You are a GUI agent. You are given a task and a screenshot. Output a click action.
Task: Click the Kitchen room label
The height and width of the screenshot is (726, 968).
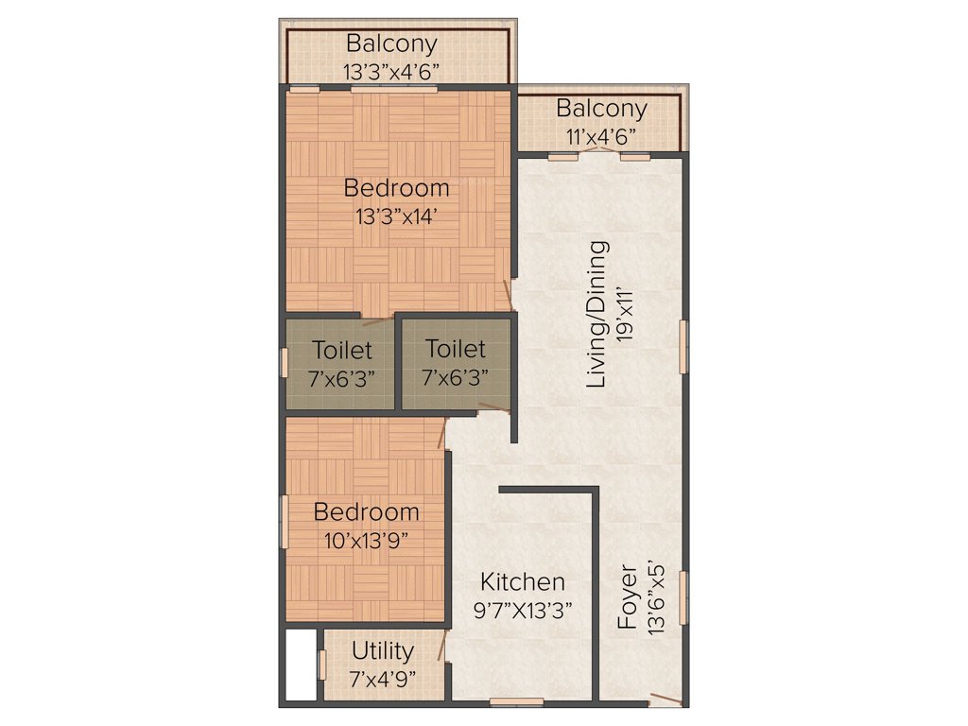522,581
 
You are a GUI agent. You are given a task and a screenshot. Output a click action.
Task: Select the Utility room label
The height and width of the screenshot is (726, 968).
382,651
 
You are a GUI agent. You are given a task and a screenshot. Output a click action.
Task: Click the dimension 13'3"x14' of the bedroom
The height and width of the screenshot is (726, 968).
396,216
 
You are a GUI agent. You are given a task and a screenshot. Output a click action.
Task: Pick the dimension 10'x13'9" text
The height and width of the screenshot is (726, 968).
367,541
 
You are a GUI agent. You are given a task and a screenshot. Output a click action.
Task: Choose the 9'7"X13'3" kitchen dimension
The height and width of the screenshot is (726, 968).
522,611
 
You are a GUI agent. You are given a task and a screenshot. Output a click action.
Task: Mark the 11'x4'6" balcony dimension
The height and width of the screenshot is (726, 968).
601,135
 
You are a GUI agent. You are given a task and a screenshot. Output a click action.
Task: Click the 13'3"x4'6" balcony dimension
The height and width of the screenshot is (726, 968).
391,70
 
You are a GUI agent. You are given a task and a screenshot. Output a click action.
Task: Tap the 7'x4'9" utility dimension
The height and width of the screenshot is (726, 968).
382,679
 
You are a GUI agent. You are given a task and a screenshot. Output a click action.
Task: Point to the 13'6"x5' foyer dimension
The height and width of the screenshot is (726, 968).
656,597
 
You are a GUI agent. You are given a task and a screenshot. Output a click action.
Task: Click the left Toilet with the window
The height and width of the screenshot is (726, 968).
342,363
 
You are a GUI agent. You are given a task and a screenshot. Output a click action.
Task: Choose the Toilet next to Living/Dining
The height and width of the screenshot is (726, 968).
456,363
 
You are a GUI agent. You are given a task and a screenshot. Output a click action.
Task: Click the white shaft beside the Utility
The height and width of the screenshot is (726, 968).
301,665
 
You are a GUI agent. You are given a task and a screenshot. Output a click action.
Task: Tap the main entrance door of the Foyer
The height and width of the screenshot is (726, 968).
665,700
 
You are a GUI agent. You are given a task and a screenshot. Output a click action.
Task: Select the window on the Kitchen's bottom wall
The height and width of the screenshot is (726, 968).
516,701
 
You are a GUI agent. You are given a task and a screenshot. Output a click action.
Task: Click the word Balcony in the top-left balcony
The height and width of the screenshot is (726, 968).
391,43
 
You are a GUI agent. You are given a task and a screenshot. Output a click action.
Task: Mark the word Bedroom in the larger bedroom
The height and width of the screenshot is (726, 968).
396,187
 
